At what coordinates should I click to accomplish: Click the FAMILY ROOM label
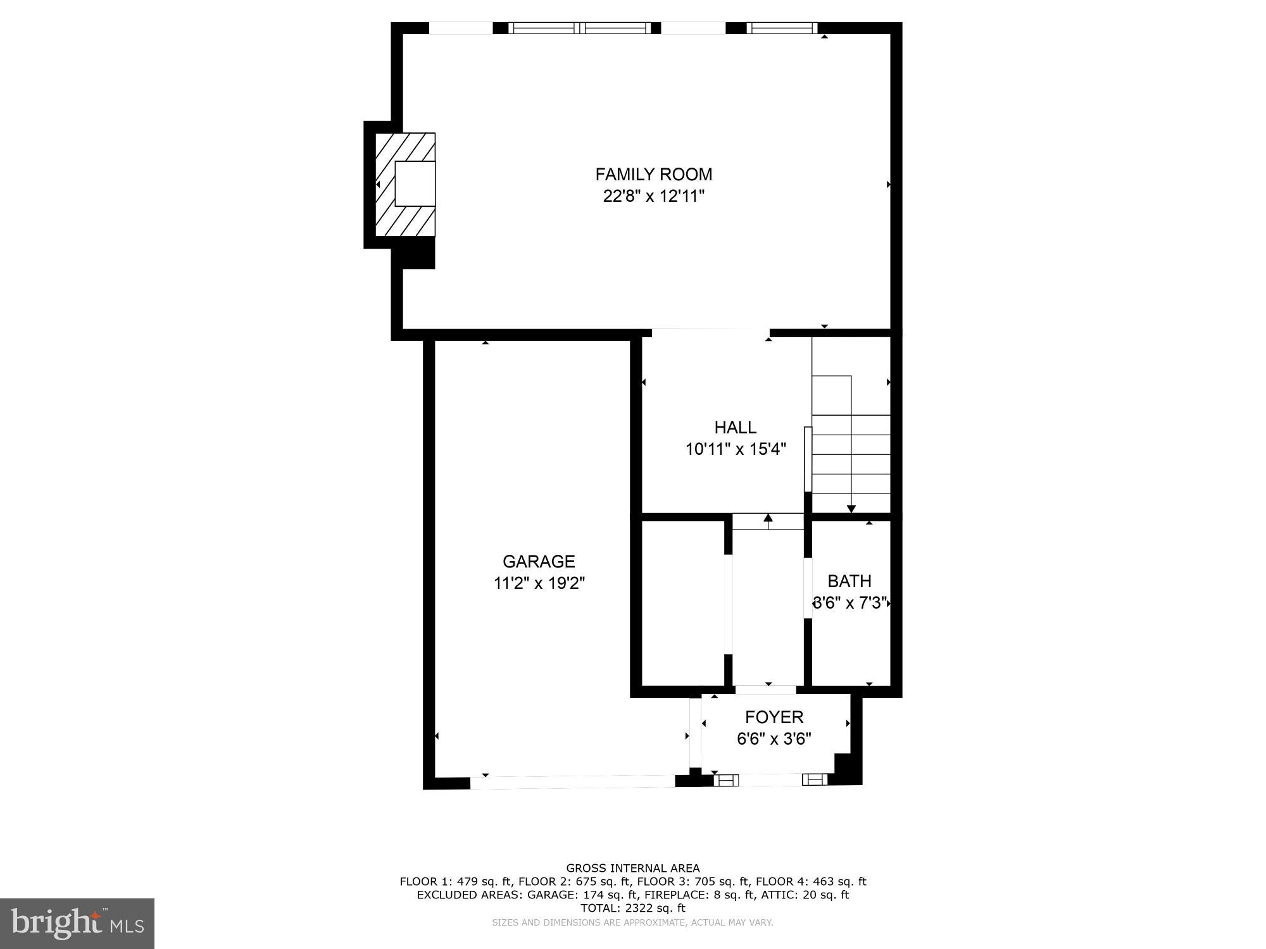(653, 175)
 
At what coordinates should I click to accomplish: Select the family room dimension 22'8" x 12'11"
(653, 196)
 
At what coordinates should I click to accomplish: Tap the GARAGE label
(539, 561)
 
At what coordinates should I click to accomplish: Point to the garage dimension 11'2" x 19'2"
(539, 583)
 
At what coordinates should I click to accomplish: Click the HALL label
(735, 428)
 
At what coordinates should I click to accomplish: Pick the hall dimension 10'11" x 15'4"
(735, 449)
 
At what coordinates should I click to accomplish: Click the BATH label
(849, 581)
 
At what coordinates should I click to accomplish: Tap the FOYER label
(774, 717)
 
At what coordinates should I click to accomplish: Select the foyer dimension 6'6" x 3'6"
(774, 739)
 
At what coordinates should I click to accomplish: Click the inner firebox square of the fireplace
(415, 183)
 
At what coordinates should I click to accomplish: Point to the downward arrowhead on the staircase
(851, 509)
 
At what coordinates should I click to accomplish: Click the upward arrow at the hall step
(768, 519)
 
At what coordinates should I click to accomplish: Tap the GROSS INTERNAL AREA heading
(632, 868)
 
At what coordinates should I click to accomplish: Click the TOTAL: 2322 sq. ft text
(632, 908)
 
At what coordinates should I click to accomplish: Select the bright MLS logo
(77, 924)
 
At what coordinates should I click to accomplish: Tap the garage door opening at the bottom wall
(572, 782)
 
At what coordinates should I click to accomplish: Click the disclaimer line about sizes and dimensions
(632, 922)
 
